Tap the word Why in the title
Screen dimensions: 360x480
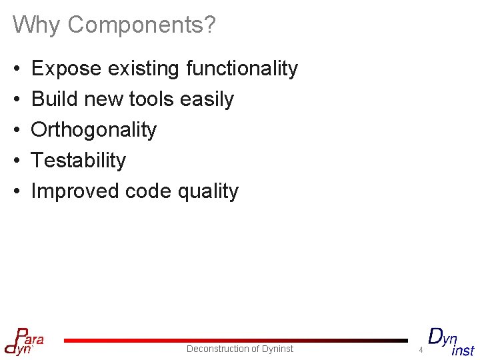click(x=37, y=25)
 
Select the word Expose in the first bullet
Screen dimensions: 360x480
click(x=66, y=68)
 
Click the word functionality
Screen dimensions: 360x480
click(x=242, y=68)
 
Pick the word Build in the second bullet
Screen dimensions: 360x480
click(x=55, y=99)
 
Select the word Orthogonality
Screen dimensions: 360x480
click(x=94, y=130)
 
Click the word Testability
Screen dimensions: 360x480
click(x=79, y=161)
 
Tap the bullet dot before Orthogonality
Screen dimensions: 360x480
click(x=16, y=130)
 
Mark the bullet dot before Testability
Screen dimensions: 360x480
click(x=16, y=161)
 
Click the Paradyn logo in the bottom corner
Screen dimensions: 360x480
click(x=24, y=341)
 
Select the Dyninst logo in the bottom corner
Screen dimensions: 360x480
click(x=451, y=341)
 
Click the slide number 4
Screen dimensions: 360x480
click(x=421, y=350)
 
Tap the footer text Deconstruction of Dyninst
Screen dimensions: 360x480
click(x=240, y=349)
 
